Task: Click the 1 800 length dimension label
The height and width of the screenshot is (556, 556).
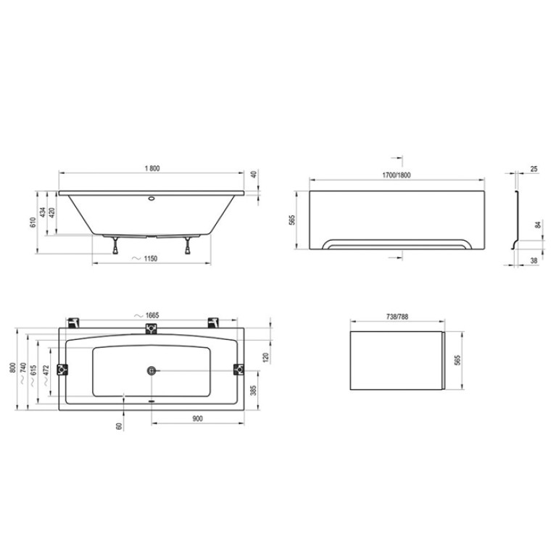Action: [152, 168]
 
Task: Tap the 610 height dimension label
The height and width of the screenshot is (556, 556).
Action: [33, 223]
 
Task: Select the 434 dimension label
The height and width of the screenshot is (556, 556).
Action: [43, 212]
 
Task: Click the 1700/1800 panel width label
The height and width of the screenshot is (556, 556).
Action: [397, 175]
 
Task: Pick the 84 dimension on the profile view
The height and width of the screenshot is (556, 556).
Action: [539, 225]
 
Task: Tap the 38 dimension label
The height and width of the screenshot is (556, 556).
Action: [534, 261]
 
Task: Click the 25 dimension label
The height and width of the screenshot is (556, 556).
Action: [534, 169]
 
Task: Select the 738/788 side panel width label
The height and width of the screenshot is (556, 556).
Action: [397, 317]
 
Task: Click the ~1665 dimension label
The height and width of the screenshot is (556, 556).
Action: [147, 315]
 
